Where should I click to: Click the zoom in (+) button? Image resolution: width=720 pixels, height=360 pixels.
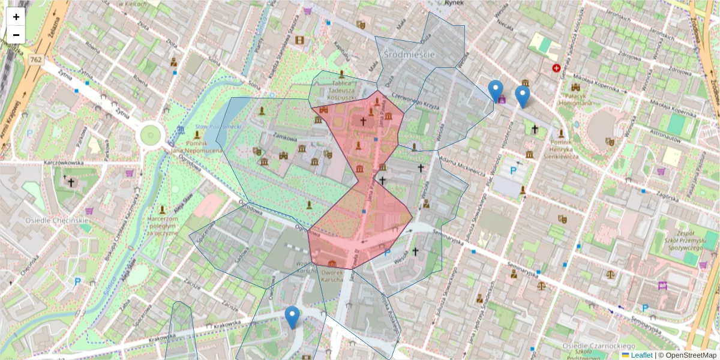(16, 17)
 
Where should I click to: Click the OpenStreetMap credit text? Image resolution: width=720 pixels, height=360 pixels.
(689, 355)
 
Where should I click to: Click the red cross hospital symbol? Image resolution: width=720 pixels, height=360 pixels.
(557, 68)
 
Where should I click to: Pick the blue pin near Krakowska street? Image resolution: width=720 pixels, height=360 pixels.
(292, 317)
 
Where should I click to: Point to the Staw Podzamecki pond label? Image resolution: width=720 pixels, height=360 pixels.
(217, 127)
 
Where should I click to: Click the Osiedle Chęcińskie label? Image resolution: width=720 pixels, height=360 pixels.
(57, 220)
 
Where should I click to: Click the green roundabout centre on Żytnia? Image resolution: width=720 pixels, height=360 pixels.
(149, 136)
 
